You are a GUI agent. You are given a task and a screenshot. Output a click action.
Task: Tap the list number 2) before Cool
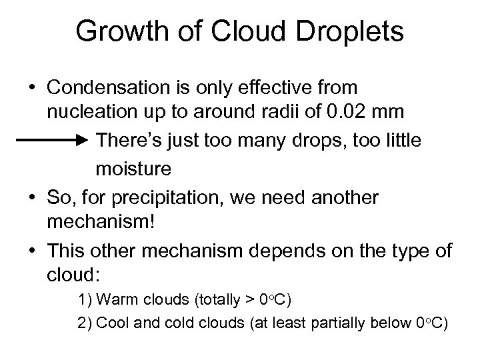click(85, 323)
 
